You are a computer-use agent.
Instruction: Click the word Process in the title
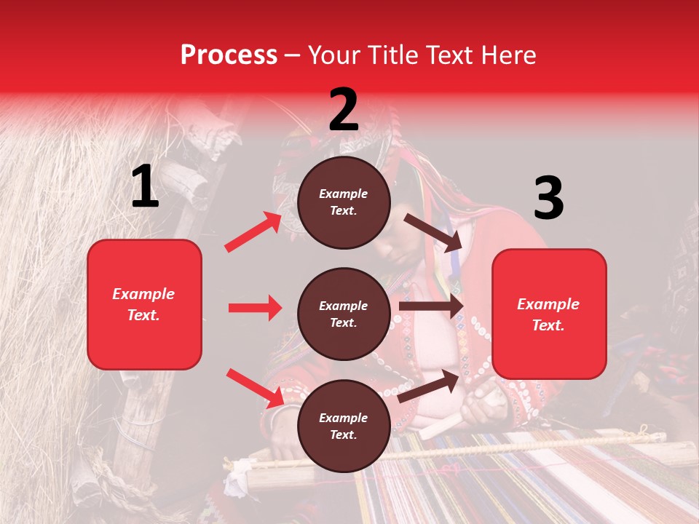coord(229,55)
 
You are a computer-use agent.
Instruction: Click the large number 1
coord(144,186)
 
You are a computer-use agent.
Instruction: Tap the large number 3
coord(548,198)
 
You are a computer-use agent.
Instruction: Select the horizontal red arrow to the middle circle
coord(255,308)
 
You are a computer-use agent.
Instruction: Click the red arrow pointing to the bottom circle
coord(255,387)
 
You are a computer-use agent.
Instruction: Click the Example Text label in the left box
coord(144,304)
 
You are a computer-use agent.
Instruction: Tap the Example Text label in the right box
coord(549,314)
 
